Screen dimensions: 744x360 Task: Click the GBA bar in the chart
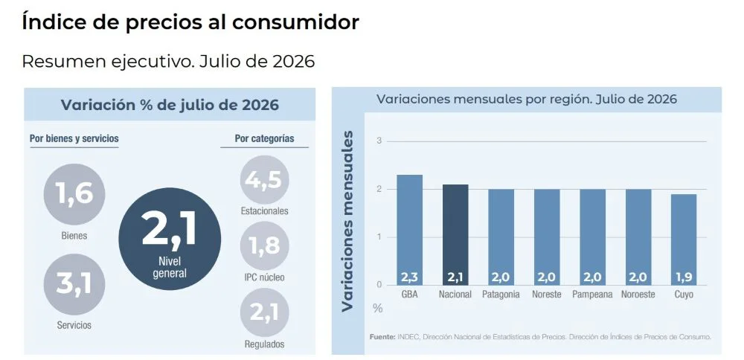(409, 230)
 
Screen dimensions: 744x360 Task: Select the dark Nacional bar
(455, 235)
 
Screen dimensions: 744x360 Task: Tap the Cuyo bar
(684, 240)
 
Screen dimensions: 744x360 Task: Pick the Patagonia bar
(501, 237)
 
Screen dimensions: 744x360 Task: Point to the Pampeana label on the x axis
(592, 295)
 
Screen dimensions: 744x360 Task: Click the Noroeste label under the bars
(638, 295)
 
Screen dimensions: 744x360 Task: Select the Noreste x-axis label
(547, 295)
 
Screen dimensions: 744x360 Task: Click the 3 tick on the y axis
(379, 141)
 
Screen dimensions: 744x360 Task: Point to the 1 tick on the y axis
(379, 237)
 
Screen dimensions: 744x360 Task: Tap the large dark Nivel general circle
(170, 239)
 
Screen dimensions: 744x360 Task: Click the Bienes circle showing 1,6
(74, 194)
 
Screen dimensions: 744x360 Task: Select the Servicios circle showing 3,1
(74, 284)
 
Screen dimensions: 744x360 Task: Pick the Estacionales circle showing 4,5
(264, 180)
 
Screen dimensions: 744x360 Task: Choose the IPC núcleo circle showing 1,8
(264, 245)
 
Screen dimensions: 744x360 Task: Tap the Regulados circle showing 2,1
(264, 312)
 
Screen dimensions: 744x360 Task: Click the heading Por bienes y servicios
(74, 138)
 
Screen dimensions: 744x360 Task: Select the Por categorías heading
(264, 138)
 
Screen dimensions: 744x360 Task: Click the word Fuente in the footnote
(382, 337)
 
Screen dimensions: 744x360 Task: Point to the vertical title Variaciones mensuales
(347, 221)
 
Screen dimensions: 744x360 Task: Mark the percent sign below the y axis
(378, 308)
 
